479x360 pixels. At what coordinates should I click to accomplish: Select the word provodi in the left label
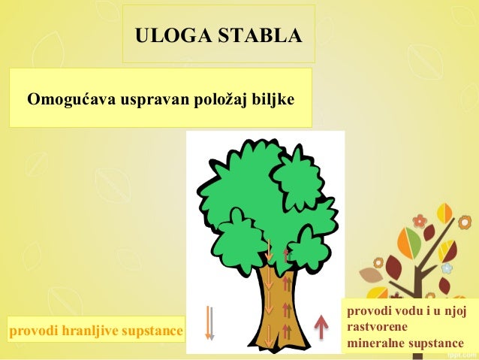click(32, 330)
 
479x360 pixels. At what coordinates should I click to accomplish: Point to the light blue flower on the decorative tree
click(447, 268)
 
